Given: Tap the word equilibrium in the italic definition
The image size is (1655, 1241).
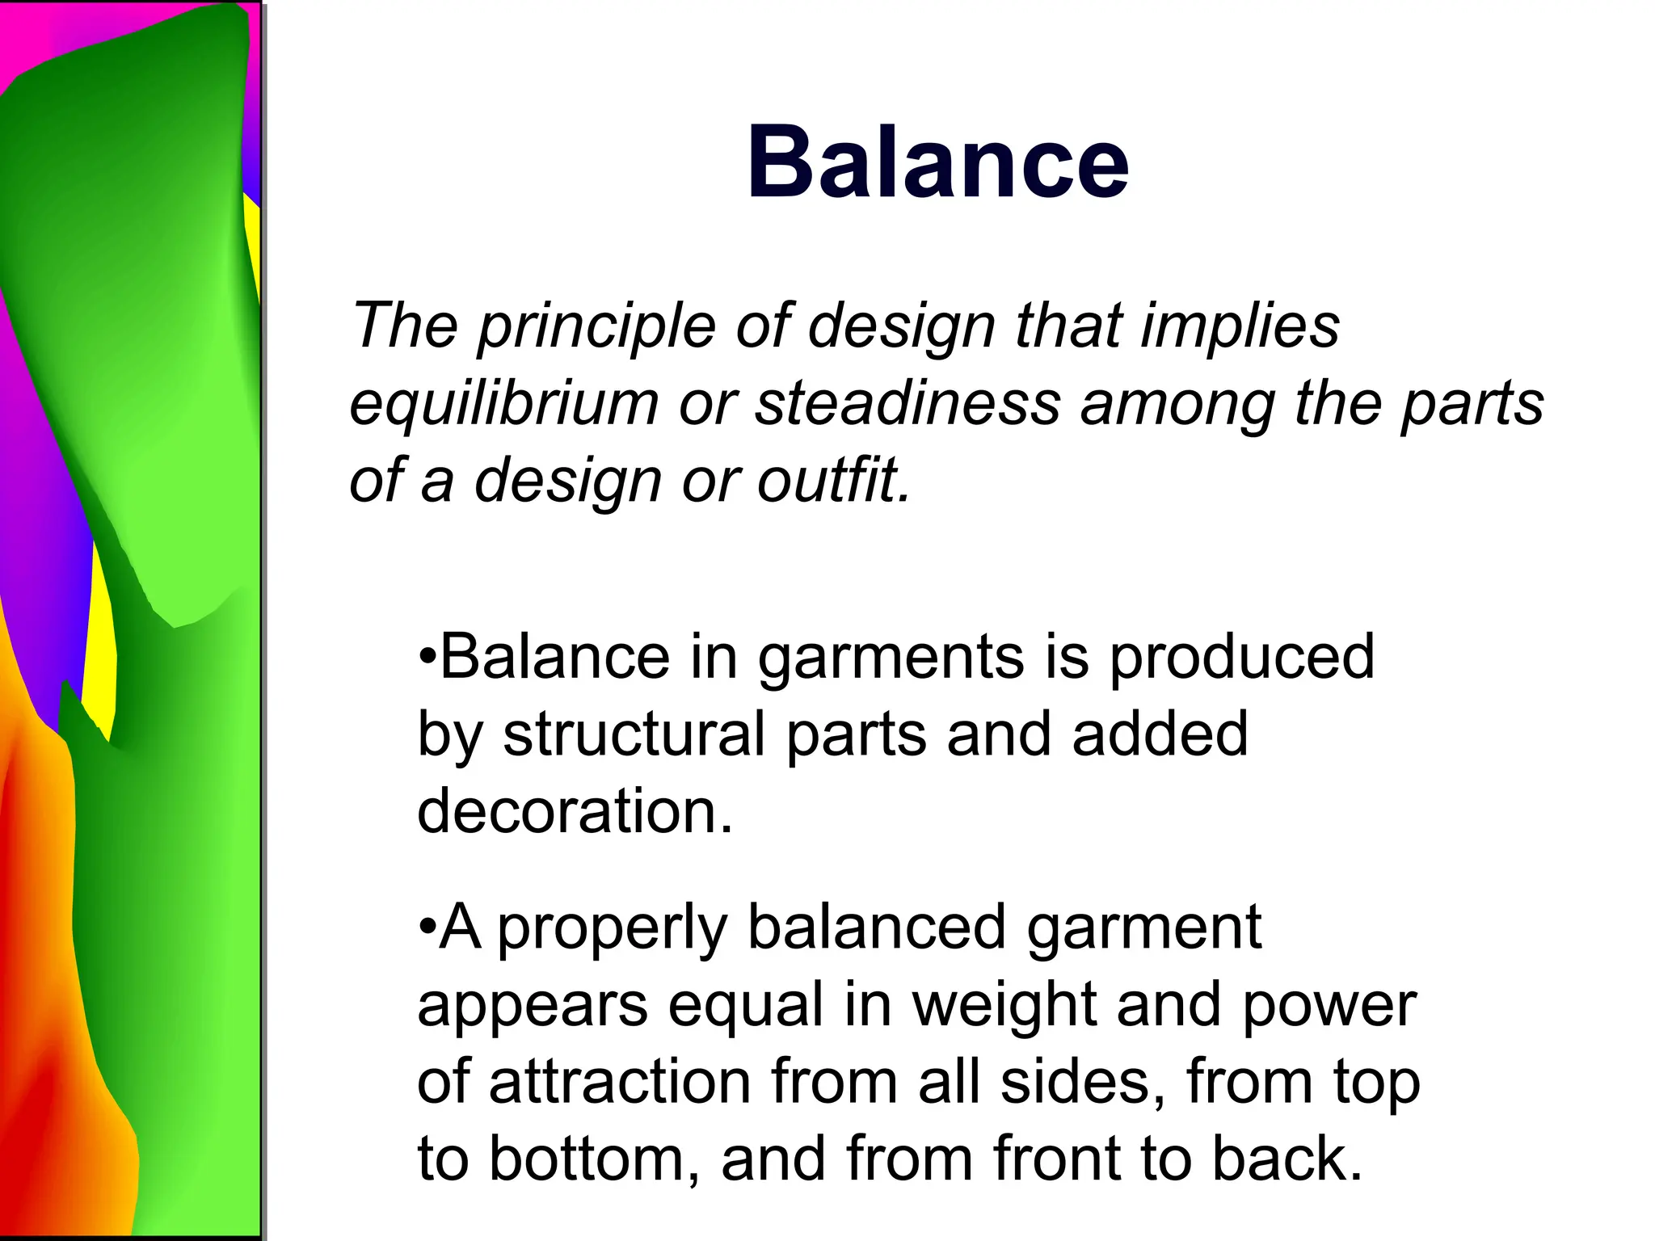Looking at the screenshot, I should point(503,404).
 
